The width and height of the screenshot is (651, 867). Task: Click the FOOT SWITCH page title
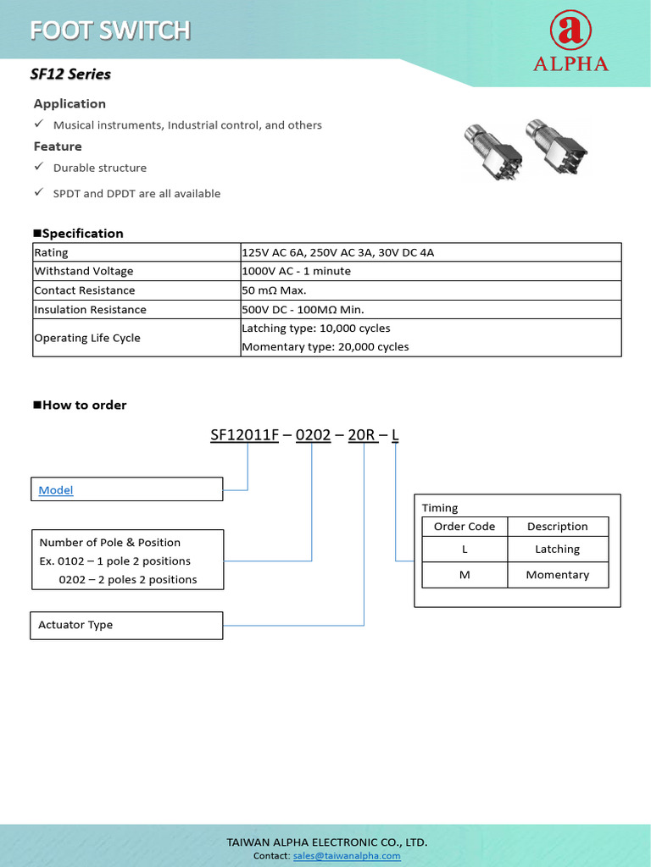click(110, 30)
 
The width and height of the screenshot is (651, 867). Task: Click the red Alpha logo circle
click(570, 32)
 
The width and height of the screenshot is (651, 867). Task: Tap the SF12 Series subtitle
click(70, 74)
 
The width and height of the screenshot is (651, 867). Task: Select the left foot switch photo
click(489, 151)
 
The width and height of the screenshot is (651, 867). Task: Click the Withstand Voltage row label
click(84, 271)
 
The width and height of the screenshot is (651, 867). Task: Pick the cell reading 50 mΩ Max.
click(274, 290)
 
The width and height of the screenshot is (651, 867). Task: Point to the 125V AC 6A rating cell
click(337, 252)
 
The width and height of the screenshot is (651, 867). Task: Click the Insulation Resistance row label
click(90, 310)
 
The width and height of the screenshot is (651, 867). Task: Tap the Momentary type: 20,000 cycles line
click(325, 346)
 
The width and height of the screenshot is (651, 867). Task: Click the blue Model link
click(56, 490)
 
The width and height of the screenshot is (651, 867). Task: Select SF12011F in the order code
click(244, 435)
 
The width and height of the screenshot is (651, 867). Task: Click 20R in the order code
click(362, 435)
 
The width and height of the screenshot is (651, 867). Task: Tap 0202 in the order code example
click(313, 435)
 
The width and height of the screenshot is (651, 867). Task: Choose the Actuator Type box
click(126, 625)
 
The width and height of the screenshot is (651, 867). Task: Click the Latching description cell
click(557, 549)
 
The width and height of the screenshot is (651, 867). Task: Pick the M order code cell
click(464, 575)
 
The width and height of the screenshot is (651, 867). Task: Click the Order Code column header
click(464, 526)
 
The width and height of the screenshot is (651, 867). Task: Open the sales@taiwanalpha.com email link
click(347, 856)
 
